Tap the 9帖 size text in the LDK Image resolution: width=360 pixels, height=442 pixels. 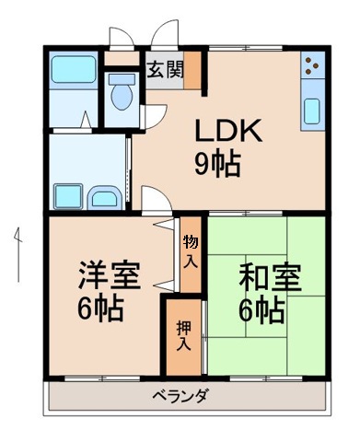point(217,165)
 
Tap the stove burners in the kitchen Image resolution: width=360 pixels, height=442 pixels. point(312,66)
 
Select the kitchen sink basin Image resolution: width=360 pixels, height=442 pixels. point(312,110)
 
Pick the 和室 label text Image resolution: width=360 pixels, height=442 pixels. point(270,276)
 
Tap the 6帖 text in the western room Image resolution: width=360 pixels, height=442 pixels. point(102,308)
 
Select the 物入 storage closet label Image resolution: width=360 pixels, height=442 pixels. point(190,250)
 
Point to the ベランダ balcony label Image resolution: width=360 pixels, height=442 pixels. point(181,398)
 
